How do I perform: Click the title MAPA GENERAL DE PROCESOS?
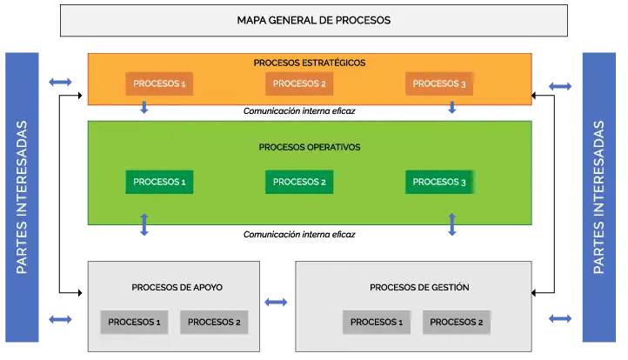(x=313, y=20)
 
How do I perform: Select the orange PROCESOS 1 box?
(x=159, y=83)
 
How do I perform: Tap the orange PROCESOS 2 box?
(x=299, y=83)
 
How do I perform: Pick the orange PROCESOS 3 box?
(x=439, y=83)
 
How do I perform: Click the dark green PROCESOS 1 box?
(x=159, y=182)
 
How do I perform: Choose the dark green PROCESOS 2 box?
(x=299, y=182)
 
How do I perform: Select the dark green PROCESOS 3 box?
(x=439, y=182)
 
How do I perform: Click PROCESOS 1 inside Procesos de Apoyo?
(x=134, y=322)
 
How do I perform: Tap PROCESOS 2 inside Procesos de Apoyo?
(x=214, y=322)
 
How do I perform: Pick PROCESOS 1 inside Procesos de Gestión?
(x=376, y=322)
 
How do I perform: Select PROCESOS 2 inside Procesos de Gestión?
(x=457, y=322)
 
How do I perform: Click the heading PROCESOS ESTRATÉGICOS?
(x=310, y=63)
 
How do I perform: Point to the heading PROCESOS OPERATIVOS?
(x=310, y=147)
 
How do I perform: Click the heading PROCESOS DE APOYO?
(x=183, y=287)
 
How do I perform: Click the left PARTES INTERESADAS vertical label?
(x=23, y=197)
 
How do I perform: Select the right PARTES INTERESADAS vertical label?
(x=599, y=197)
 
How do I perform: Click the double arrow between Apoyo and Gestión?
(x=276, y=303)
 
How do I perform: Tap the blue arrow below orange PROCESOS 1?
(x=144, y=108)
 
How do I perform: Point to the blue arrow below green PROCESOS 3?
(x=452, y=225)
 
